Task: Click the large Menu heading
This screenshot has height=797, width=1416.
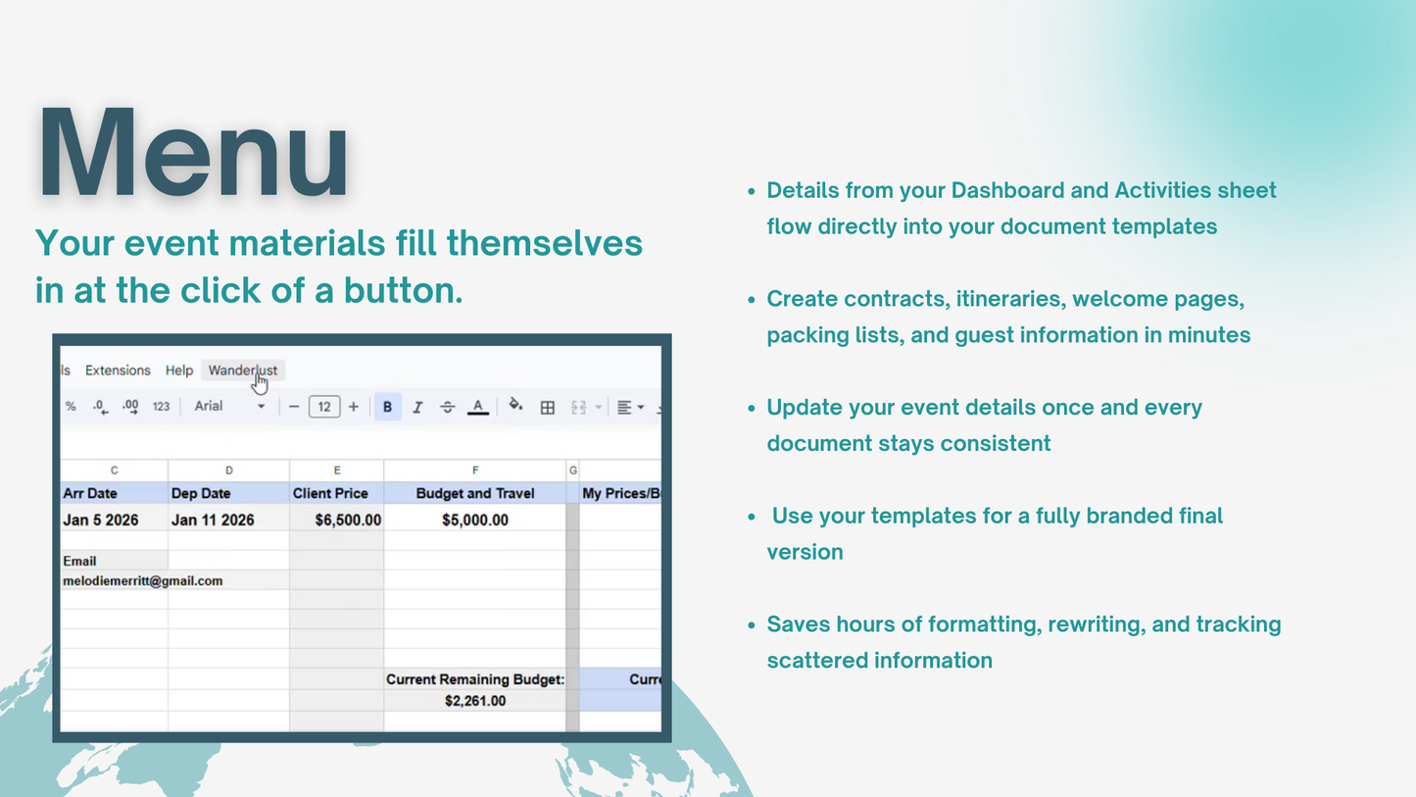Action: pos(193,155)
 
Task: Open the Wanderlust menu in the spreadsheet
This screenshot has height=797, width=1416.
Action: pos(242,371)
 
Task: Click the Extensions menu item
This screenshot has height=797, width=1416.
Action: pos(118,371)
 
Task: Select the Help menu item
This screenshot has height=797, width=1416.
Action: pos(179,371)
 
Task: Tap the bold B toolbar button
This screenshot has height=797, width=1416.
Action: pos(387,407)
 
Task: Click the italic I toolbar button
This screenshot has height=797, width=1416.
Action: pos(417,407)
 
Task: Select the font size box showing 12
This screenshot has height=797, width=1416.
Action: pos(324,407)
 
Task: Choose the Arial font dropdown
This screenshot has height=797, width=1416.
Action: pos(229,407)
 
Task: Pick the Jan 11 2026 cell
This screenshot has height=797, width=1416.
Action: pos(213,520)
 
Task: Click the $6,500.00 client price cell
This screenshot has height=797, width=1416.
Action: pos(348,520)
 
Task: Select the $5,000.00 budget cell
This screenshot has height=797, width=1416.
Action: pos(475,520)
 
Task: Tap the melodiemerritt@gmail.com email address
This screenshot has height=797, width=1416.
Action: pos(143,580)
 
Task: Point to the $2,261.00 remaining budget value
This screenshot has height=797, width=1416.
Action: pos(475,701)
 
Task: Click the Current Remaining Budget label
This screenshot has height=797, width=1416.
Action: pos(475,679)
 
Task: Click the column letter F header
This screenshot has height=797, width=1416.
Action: pos(475,471)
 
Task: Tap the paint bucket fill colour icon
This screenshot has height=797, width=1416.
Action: pos(515,406)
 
